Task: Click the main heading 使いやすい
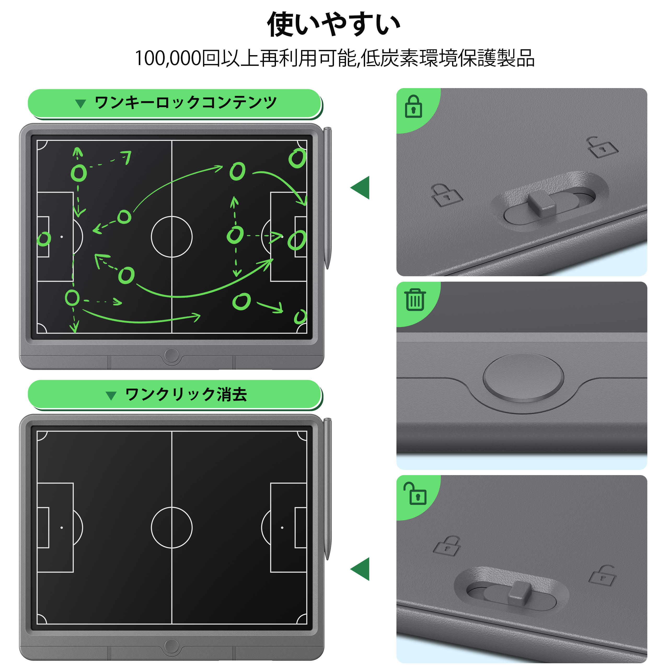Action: (x=334, y=24)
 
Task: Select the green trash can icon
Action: (x=415, y=300)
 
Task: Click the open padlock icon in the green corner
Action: (x=415, y=493)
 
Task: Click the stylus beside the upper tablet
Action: (x=327, y=197)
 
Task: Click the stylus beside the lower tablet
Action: (x=327, y=488)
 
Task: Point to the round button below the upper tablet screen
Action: (x=171, y=355)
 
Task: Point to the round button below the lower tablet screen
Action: (x=171, y=646)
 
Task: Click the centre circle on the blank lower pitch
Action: (x=171, y=528)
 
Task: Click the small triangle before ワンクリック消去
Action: (x=111, y=395)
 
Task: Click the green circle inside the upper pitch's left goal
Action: (x=44, y=239)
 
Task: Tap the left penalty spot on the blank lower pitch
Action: (x=62, y=528)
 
